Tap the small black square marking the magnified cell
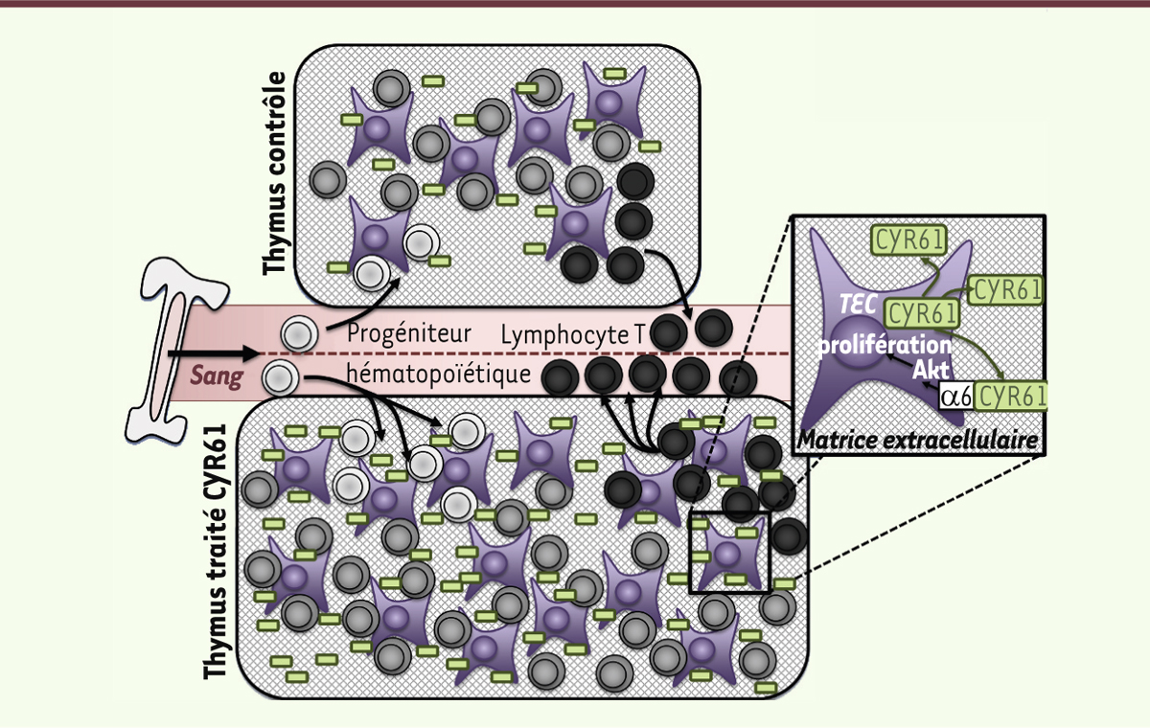click(x=729, y=552)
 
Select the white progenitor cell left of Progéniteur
click(x=297, y=335)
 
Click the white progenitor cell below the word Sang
click(x=278, y=379)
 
